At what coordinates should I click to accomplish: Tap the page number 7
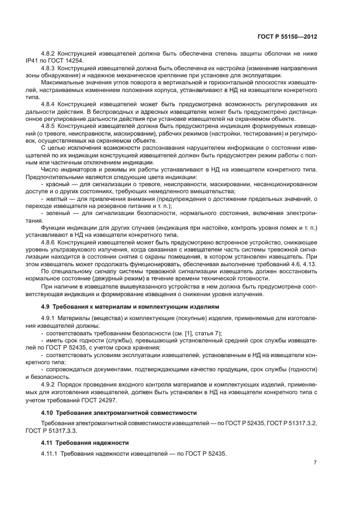[x=315, y=463]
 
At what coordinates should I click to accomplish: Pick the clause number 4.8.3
[x=49, y=69]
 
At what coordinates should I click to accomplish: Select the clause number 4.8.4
[x=49, y=102]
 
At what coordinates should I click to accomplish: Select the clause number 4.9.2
[x=49, y=383]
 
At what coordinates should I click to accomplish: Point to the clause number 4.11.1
[x=50, y=453]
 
